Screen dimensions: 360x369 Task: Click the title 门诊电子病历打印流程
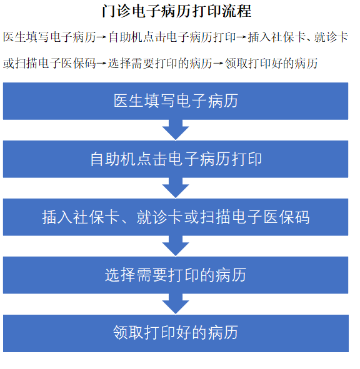tap(176, 11)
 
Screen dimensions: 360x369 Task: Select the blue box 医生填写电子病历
tap(176, 101)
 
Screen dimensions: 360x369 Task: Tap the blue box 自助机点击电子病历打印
tap(176, 159)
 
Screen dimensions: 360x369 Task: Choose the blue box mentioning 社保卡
tap(176, 217)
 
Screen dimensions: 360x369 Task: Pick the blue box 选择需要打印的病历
tap(176, 275)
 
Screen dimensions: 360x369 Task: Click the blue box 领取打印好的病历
tap(176, 333)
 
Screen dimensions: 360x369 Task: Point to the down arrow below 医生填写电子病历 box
tap(176, 130)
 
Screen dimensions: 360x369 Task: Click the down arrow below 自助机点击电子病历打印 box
tap(176, 188)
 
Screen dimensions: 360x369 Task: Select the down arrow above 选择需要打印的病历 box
tap(176, 246)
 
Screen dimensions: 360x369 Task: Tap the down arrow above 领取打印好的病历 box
tap(176, 304)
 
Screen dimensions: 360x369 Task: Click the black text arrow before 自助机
tap(102, 37)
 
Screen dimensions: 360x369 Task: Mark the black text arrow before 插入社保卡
tap(242, 37)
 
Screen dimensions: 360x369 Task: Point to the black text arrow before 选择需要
tap(102, 64)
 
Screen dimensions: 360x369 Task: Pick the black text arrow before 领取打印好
tap(218, 64)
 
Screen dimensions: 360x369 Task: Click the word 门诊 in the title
tap(116, 11)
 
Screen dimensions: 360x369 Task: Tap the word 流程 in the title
tap(237, 11)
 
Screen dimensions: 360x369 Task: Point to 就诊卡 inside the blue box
tap(159, 217)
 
